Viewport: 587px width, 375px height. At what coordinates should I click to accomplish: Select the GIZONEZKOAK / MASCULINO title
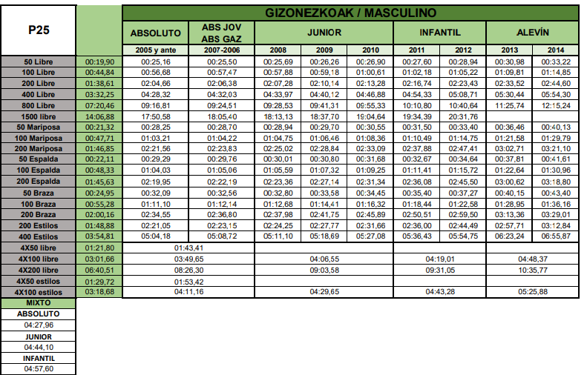350,13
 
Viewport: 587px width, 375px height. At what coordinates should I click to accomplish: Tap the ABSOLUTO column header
156,33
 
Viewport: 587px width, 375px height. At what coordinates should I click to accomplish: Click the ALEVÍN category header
531,33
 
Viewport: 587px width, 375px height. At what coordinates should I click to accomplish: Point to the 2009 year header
324,50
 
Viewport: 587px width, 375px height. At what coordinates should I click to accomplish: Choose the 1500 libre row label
38,116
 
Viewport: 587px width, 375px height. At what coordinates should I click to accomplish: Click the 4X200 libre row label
38,271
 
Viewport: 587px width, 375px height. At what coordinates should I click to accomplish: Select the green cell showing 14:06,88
99,116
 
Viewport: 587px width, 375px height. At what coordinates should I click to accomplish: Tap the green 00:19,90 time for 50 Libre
99,61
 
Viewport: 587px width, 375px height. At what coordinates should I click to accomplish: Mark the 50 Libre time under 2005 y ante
156,61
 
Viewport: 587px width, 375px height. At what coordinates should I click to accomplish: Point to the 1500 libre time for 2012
463,116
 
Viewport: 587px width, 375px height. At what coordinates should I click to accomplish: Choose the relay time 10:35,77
531,271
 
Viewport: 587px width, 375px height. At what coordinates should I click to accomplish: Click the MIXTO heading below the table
38,303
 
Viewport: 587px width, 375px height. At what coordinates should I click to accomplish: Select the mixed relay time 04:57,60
38,368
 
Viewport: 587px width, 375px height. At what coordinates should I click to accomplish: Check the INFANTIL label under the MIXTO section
38,357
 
